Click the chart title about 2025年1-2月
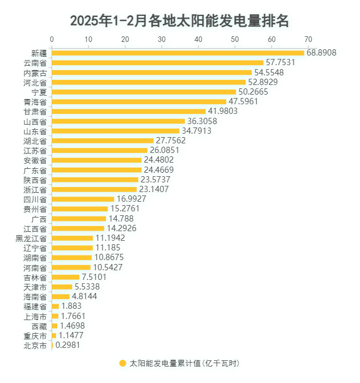[x=180, y=21]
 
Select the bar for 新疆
[x=178, y=53]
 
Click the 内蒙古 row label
[x=35, y=73]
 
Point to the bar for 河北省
[x=149, y=82]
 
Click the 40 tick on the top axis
[x=198, y=39]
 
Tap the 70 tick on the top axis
[x=308, y=39]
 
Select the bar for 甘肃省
[x=129, y=112]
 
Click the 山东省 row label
[x=35, y=131]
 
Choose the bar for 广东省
[x=97, y=170]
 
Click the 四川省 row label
[x=35, y=199]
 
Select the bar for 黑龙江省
[x=73, y=238]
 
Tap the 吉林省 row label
[x=35, y=277]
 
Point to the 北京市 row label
[x=35, y=345]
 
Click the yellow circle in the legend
[x=122, y=364]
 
